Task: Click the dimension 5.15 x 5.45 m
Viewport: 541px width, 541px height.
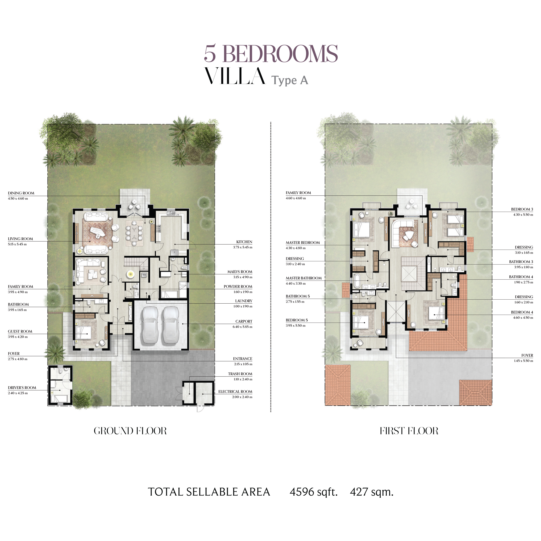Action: tap(17, 244)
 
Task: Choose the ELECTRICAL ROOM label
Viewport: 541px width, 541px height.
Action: tap(235, 392)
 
